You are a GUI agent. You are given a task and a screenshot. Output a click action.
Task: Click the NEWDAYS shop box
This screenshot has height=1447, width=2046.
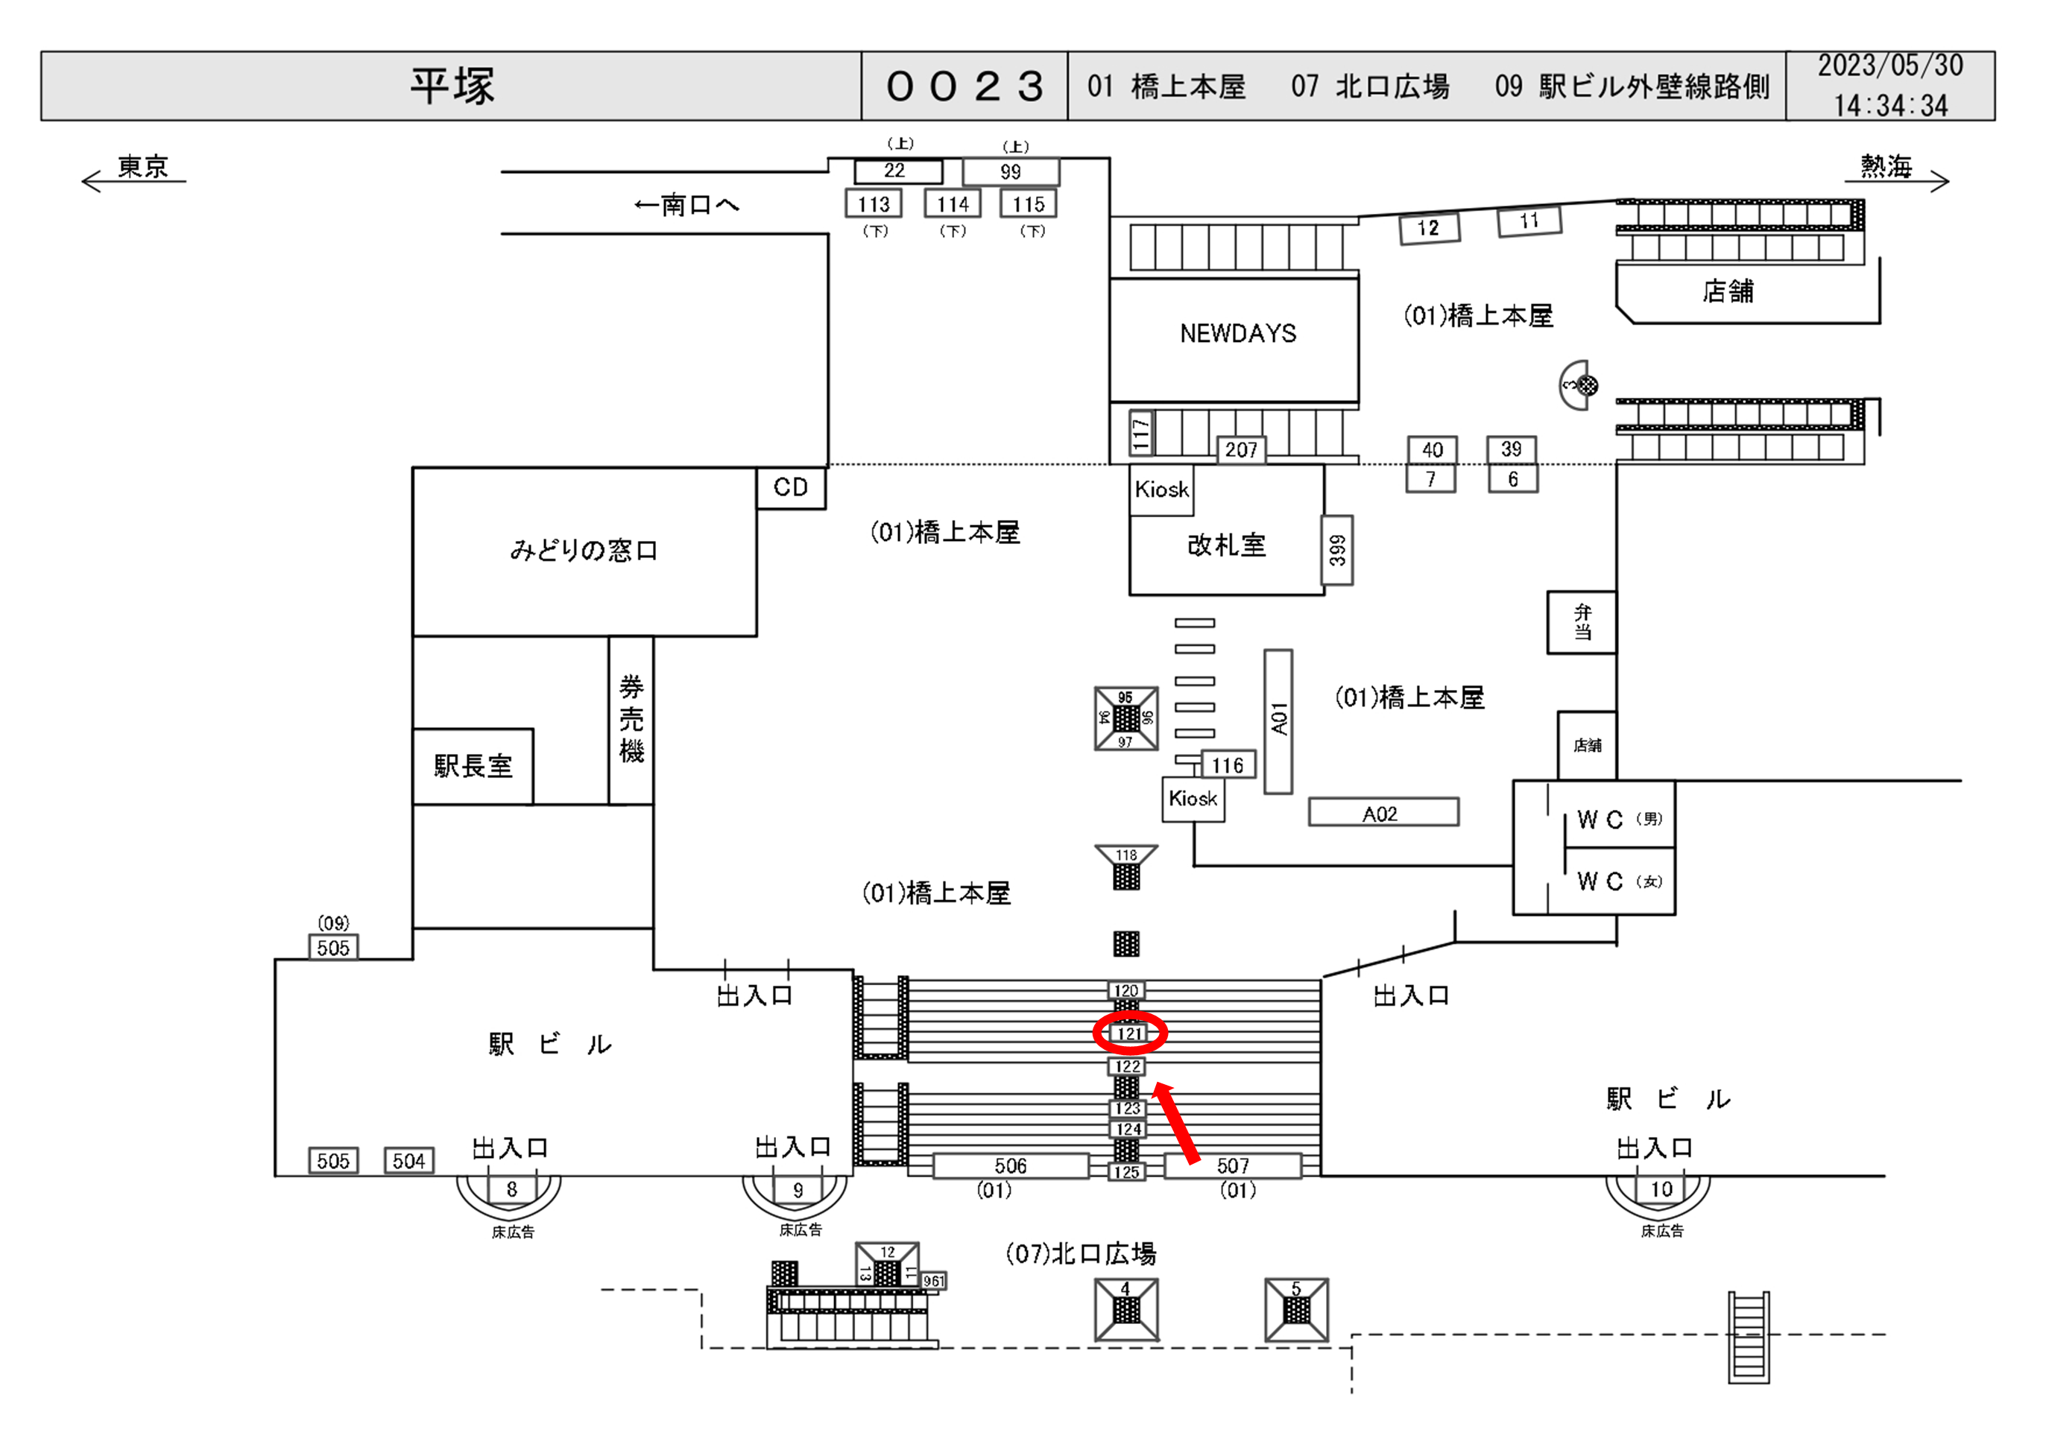click(1237, 334)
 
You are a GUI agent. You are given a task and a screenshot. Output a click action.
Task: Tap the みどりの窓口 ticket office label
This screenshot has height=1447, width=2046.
click(584, 551)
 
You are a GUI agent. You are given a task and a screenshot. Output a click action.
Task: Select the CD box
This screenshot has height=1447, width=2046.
click(790, 487)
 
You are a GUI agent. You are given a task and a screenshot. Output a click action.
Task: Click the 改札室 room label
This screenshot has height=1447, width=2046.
click(1226, 545)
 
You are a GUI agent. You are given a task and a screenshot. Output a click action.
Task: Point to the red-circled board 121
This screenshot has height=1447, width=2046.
click(1130, 1033)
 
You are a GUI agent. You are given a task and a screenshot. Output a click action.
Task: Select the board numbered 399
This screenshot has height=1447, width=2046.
click(1336, 550)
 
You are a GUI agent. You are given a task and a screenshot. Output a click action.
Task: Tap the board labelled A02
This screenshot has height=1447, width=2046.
click(1382, 813)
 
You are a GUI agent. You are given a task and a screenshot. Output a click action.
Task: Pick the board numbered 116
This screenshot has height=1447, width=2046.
click(1228, 765)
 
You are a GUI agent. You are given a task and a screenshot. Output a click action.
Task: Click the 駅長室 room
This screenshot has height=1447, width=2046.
click(473, 765)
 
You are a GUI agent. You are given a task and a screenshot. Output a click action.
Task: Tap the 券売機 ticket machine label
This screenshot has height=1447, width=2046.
click(631, 718)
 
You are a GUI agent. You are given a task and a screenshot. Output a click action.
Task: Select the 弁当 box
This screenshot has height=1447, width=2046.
click(1582, 622)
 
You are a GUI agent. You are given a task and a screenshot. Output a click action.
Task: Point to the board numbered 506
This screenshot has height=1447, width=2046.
click(1011, 1165)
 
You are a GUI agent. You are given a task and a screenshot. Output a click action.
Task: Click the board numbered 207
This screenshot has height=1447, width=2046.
click(1241, 450)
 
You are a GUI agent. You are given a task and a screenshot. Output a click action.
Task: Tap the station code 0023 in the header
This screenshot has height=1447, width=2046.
click(964, 86)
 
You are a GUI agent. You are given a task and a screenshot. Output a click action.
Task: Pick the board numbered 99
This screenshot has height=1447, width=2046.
click(1011, 171)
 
